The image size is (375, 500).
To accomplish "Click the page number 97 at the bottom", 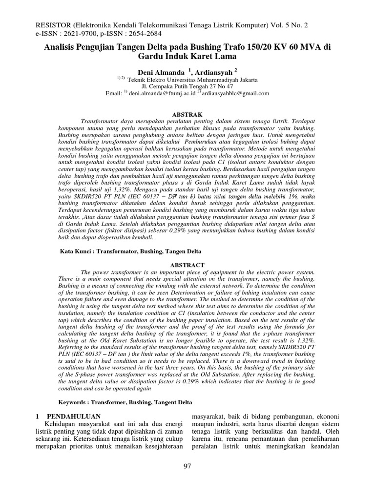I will tap(187, 466).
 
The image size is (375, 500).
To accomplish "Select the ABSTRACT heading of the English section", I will tap(187, 264).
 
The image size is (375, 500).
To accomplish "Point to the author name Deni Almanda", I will tap(161, 71).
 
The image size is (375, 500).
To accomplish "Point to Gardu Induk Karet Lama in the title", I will tap(187, 57).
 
